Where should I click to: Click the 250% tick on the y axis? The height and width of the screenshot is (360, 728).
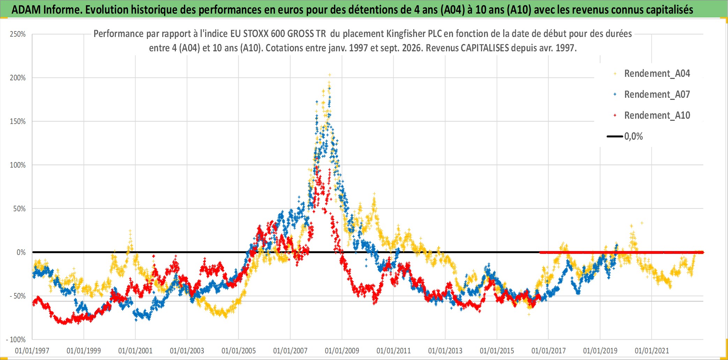pos(18,34)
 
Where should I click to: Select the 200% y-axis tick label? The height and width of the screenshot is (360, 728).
pos(18,78)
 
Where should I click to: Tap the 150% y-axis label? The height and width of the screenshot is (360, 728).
pos(18,122)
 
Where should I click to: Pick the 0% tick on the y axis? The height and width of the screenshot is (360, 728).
pos(21,252)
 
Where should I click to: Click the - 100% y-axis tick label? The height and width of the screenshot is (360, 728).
pos(16,340)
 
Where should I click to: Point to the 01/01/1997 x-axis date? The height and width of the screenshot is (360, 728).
pos(32,351)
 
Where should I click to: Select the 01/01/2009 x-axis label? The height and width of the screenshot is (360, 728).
pos(342,351)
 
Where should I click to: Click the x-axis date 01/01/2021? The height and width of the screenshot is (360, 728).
pos(652,351)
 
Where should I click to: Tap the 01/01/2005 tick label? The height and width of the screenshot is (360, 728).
pos(239,351)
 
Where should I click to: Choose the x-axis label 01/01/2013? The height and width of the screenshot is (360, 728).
pos(445,351)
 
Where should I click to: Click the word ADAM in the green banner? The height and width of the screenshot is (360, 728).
pos(26,10)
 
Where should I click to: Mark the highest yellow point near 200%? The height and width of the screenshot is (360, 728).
pos(329,75)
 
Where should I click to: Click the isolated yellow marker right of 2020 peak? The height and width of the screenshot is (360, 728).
pos(642,223)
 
